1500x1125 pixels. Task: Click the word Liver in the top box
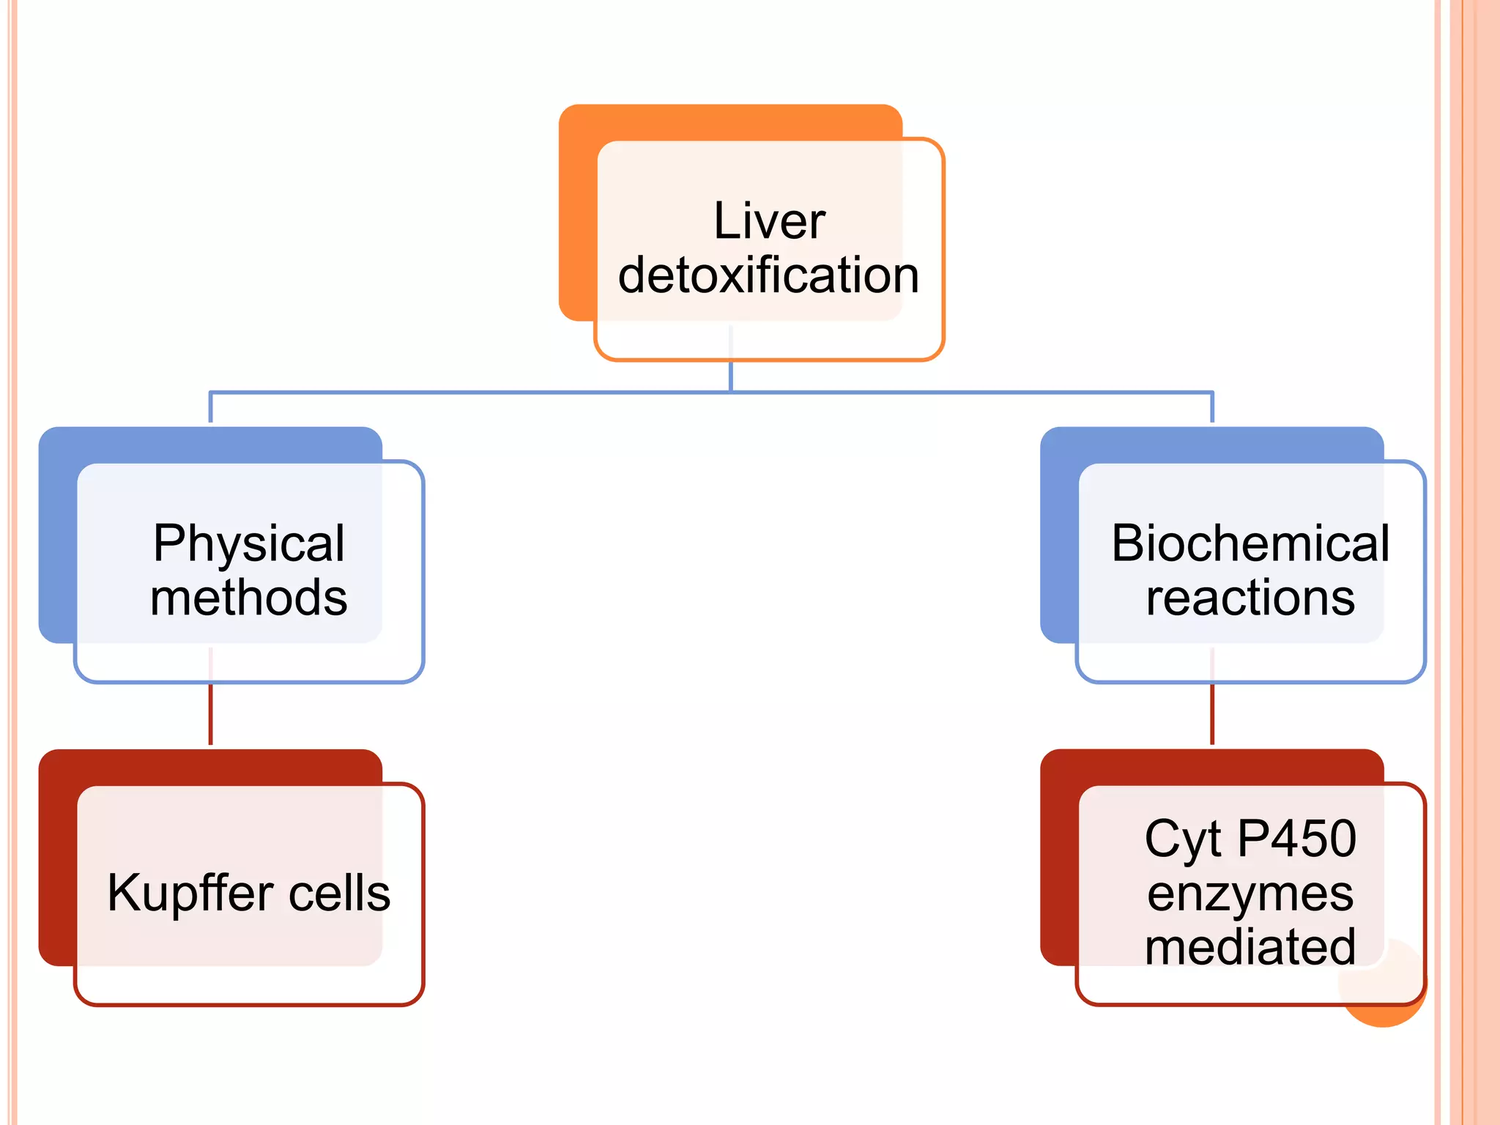point(769,220)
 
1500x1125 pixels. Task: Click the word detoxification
point(768,275)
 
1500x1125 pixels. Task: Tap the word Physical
point(248,543)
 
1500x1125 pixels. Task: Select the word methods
point(248,598)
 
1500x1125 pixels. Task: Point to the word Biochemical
point(1250,543)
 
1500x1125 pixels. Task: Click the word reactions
point(1250,598)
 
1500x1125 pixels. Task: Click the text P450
point(1296,839)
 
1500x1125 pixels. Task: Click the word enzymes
point(1250,894)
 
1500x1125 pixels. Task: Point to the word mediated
point(1250,947)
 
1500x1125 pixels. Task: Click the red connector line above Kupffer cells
point(211,714)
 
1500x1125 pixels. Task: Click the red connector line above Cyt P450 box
point(1212,714)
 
